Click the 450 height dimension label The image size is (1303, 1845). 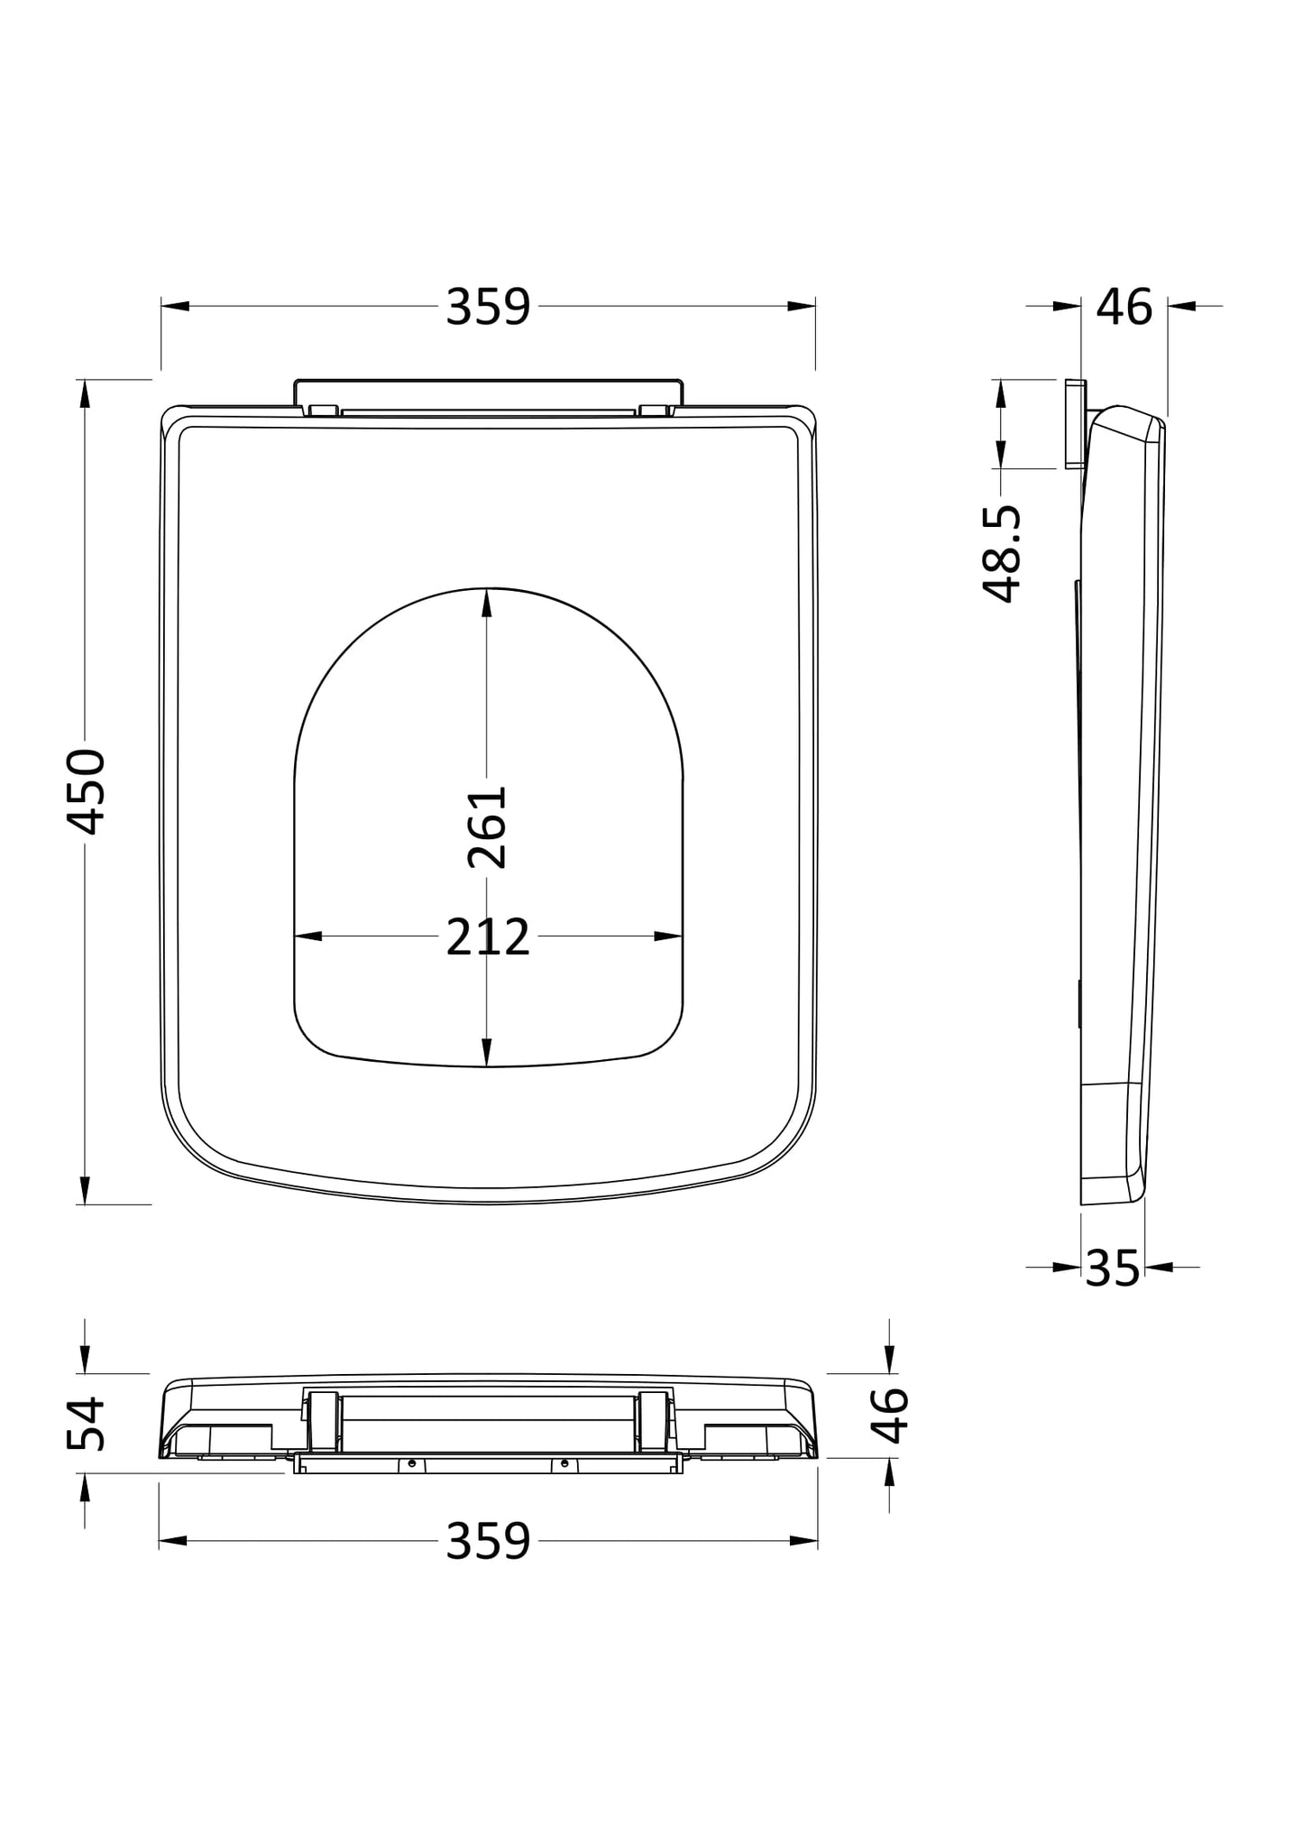click(x=87, y=791)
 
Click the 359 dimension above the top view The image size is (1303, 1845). click(x=488, y=308)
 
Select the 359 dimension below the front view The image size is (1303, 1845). click(x=488, y=1541)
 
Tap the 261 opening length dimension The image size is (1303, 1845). click(x=488, y=827)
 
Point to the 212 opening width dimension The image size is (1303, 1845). click(x=488, y=937)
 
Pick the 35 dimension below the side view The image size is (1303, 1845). click(x=1113, y=1268)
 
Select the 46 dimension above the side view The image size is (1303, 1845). click(x=1124, y=308)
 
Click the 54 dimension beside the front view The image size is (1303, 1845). click(x=87, y=1425)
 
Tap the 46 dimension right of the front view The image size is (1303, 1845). click(x=890, y=1415)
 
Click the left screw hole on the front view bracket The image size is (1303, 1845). click(x=412, y=1463)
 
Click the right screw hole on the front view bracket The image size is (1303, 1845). click(x=564, y=1463)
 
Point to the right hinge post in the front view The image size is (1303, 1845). click(x=652, y=1422)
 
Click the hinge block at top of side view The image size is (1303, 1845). click(x=1075, y=424)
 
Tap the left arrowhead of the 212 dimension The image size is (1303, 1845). click(x=307, y=936)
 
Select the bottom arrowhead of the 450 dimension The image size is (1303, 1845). click(x=85, y=1190)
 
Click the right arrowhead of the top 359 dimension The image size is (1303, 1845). click(x=802, y=307)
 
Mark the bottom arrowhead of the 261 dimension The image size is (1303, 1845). click(x=487, y=1053)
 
